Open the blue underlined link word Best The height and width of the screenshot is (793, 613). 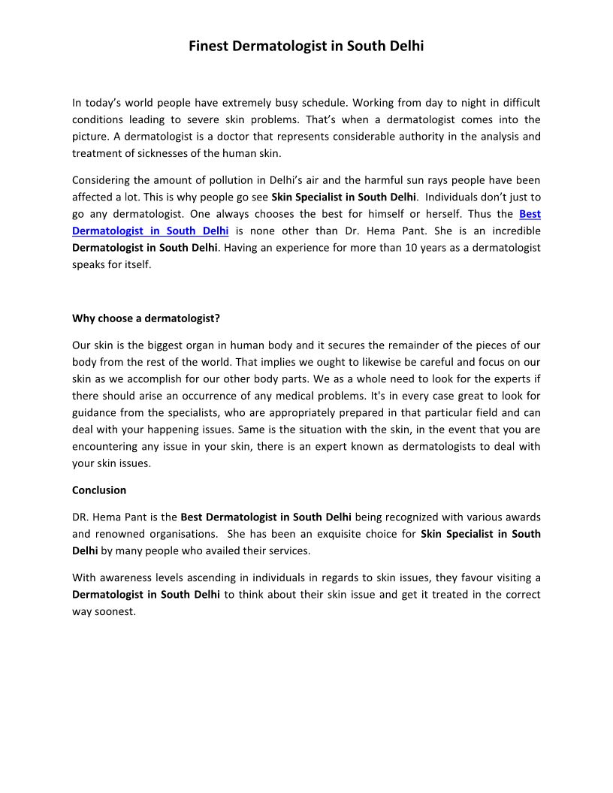(x=530, y=214)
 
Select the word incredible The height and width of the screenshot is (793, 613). (x=511, y=231)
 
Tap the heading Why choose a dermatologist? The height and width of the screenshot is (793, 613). (x=146, y=318)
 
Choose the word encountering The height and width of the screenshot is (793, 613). (x=106, y=446)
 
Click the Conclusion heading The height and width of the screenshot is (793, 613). (x=99, y=490)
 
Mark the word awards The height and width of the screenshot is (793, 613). (x=522, y=517)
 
